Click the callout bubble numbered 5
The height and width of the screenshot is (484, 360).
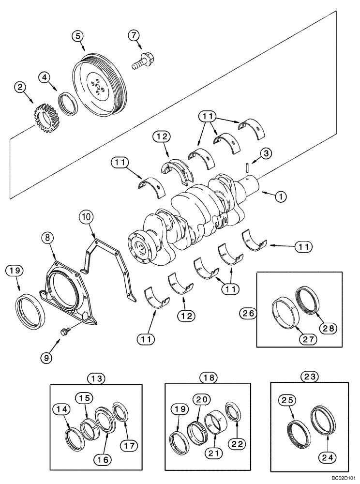pos(78,35)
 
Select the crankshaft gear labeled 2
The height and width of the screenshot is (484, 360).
pos(45,116)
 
